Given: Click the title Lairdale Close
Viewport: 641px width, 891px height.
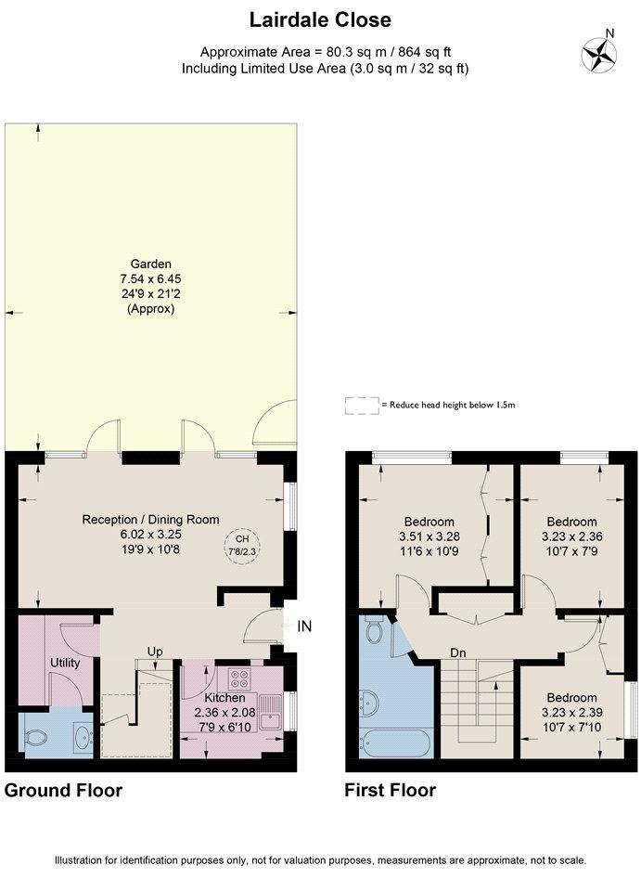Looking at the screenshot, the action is click(320, 20).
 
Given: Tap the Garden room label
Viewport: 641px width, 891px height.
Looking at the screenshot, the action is click(150, 264).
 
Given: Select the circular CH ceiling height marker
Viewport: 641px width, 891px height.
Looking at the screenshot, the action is click(242, 546).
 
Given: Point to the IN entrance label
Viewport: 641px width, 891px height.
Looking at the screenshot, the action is click(304, 626).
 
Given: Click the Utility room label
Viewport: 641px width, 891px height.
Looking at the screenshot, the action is click(65, 663).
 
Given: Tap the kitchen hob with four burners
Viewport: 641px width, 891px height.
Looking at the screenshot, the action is click(239, 677).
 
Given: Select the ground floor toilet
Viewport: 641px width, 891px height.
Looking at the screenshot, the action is click(36, 738).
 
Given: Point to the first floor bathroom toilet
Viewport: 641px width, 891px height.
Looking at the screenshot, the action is click(374, 629).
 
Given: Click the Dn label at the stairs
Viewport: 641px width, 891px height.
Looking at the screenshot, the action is click(457, 653).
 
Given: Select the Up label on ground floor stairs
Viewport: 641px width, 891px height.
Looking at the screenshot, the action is click(155, 652).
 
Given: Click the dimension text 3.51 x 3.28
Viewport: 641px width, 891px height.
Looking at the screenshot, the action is click(429, 536).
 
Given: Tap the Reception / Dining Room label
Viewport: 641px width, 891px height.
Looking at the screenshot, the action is click(150, 520).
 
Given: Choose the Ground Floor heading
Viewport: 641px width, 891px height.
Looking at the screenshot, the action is click(64, 791).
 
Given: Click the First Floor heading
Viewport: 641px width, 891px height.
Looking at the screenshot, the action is click(391, 791).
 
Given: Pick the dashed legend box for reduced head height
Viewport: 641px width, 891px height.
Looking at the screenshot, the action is click(362, 406).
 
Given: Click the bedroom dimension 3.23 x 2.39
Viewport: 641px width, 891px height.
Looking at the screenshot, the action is click(571, 713).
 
